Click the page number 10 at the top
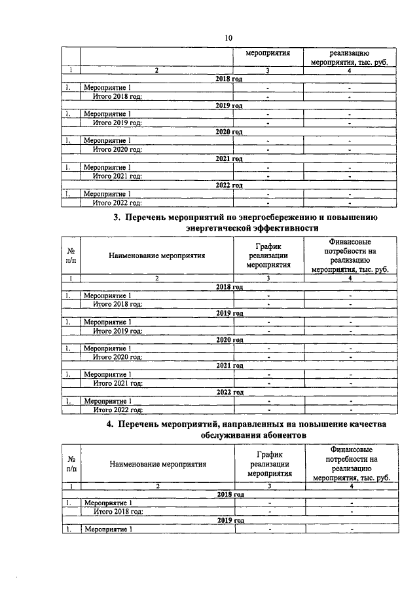tap(228, 37)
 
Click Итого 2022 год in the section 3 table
tap(118, 410)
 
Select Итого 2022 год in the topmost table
tap(118, 202)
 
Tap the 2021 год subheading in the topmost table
tap(229, 159)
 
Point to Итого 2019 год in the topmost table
tap(118, 122)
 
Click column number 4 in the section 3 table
tap(350, 278)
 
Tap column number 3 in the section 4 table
tap(269, 486)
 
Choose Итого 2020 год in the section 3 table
tap(118, 356)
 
